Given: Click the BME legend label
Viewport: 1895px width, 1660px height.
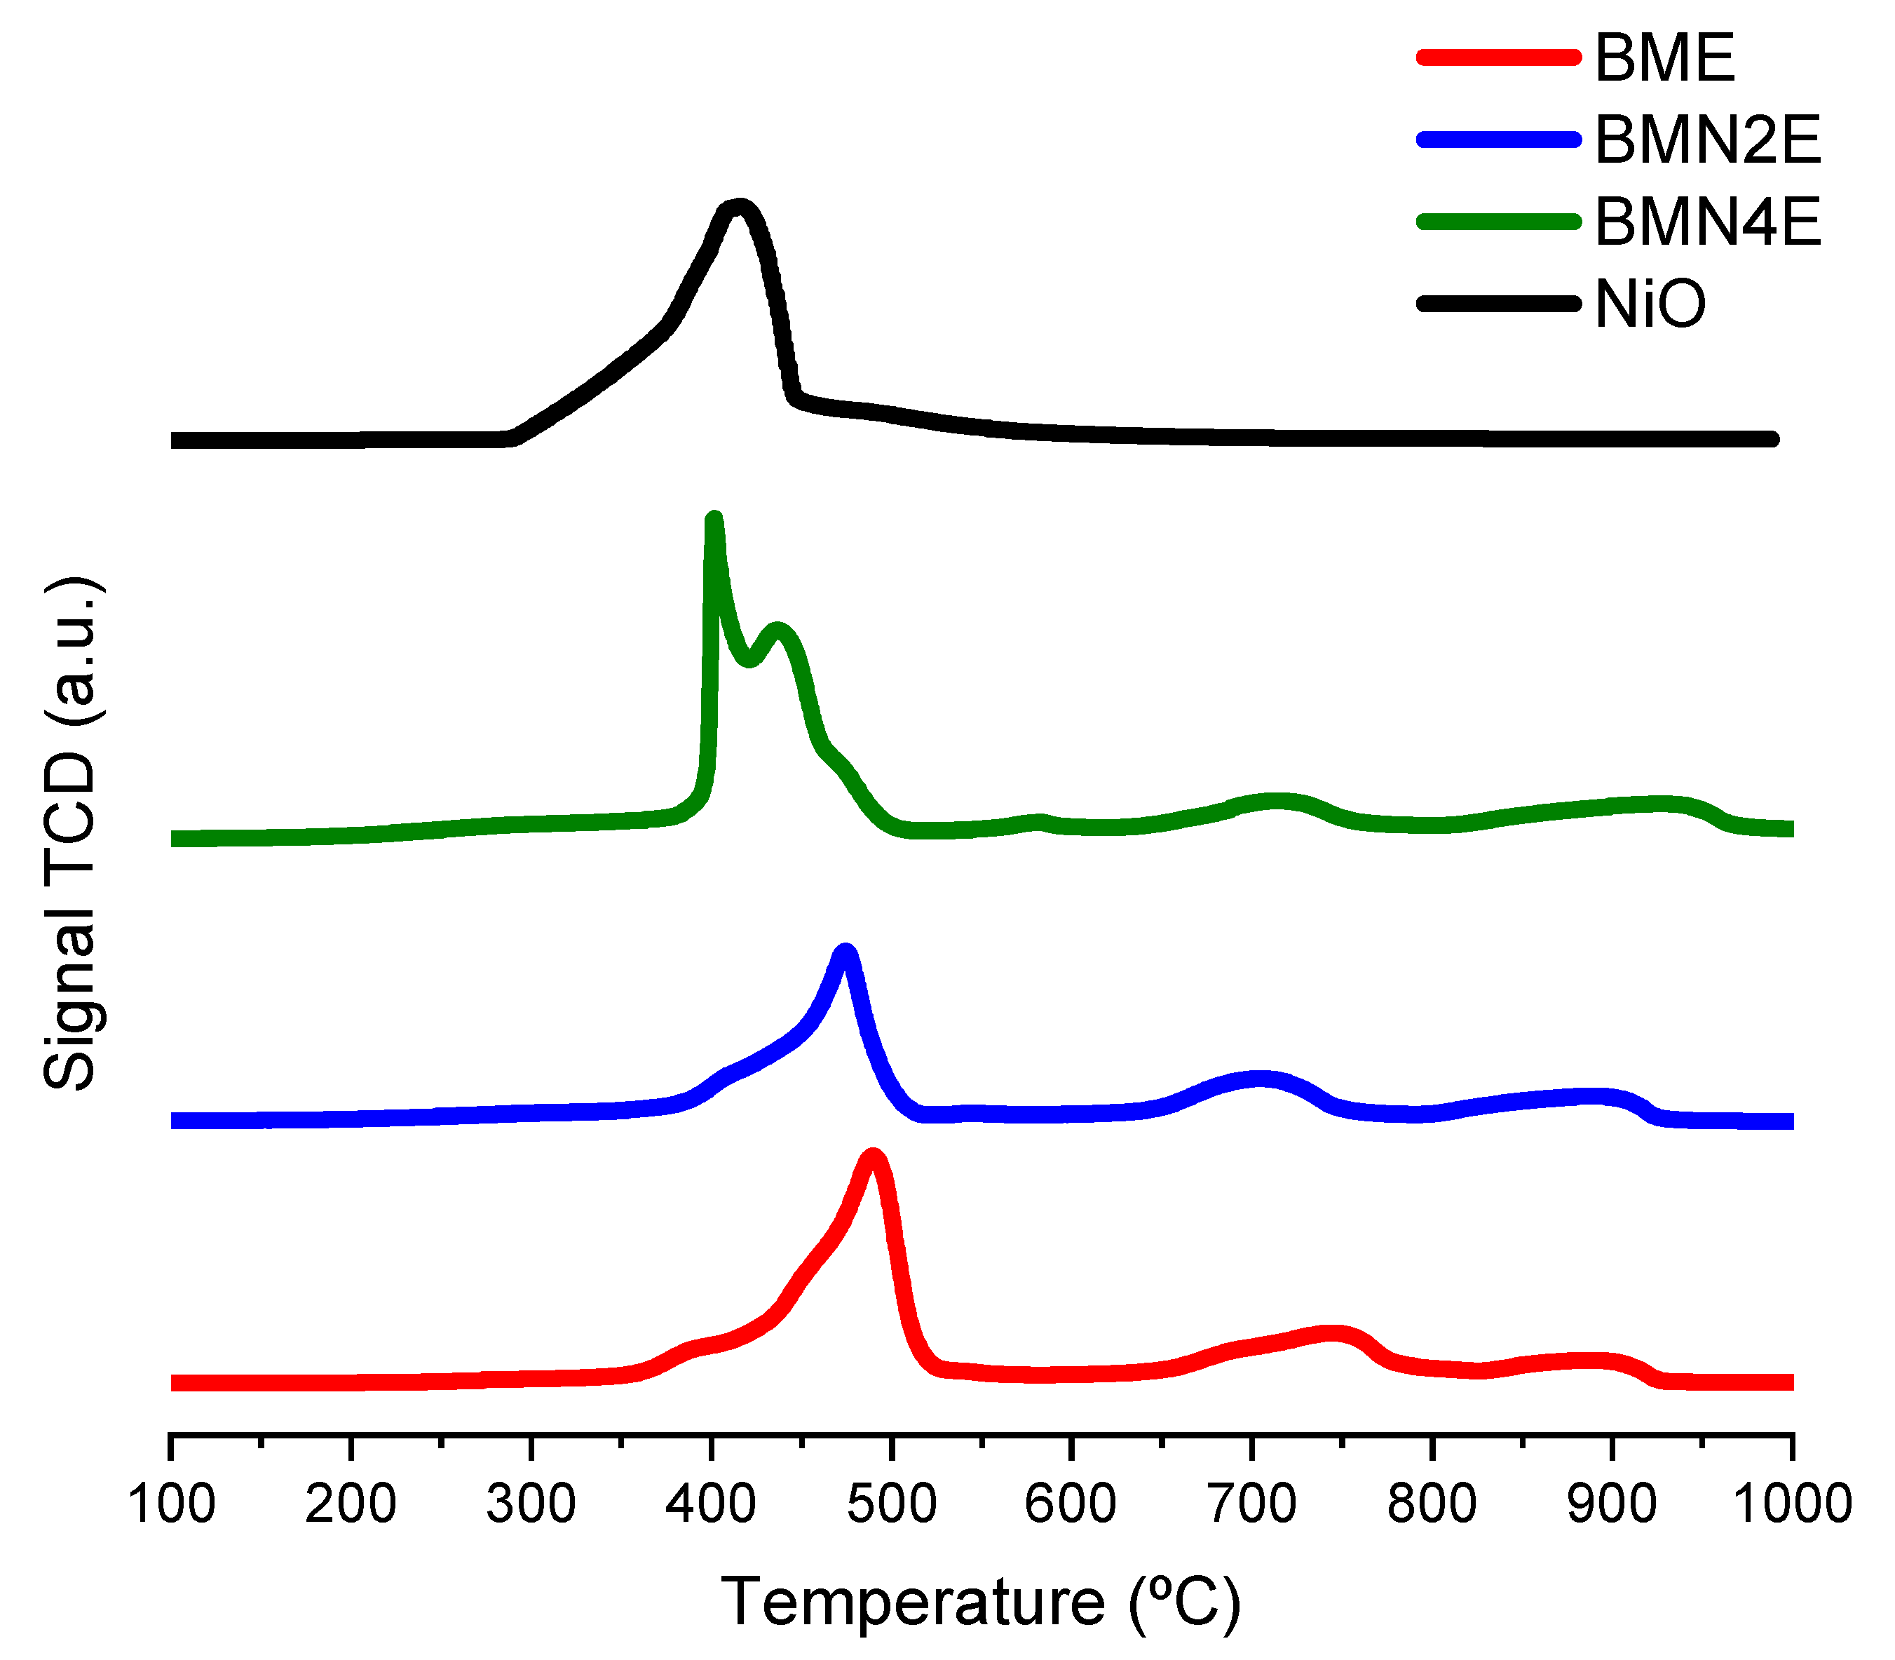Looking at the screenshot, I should [1664, 58].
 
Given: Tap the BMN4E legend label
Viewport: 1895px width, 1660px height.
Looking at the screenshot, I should [1707, 222].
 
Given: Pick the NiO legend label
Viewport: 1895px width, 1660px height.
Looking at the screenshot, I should [1650, 304].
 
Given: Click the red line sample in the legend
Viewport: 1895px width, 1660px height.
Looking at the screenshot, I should [1497, 58].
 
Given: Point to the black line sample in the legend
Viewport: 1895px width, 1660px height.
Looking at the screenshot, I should [1497, 304].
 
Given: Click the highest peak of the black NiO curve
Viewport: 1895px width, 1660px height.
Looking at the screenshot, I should [738, 207].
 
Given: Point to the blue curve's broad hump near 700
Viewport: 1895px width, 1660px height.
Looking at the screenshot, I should [1260, 1079].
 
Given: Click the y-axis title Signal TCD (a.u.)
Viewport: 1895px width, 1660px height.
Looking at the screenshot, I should [72, 834].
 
